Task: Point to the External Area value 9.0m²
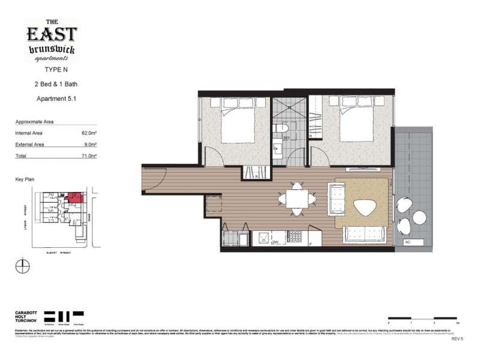click(x=90, y=145)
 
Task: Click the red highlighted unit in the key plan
click(x=76, y=197)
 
